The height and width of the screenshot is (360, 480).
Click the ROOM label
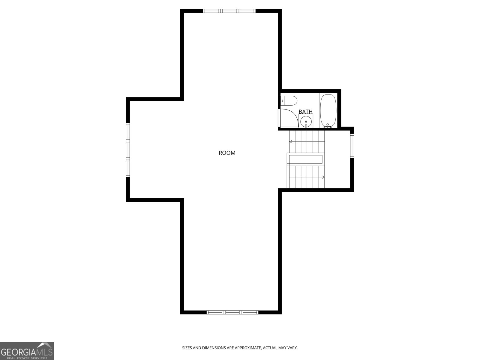tap(227, 153)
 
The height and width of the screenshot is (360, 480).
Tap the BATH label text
tap(305, 112)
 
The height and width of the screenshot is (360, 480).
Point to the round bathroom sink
tap(306, 121)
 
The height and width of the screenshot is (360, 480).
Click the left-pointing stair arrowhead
tap(290, 141)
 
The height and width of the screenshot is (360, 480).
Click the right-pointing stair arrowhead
tap(323, 177)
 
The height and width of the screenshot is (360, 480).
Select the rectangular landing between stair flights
tap(305, 159)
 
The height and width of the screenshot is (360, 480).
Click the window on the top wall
tap(229, 11)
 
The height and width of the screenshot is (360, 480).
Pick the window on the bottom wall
tap(232, 312)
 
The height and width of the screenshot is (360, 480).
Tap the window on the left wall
tap(128, 150)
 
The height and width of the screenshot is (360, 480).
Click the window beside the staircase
tap(352, 146)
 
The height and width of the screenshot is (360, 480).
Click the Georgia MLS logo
tap(27, 351)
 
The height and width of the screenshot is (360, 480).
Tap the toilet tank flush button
tap(283, 101)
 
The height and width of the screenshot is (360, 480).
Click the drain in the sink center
tap(306, 121)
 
